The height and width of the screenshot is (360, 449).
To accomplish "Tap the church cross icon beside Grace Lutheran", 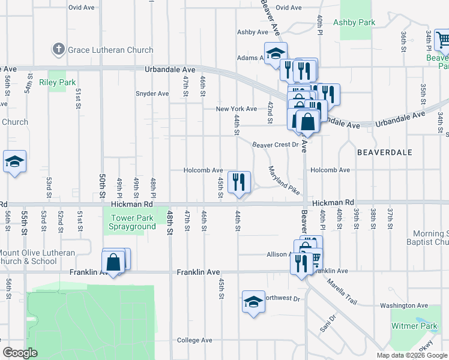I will (x=58, y=49).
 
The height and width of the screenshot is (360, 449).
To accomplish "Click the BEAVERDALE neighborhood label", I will (x=384, y=152).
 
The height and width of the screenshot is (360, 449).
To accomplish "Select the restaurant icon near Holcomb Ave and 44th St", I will (x=239, y=182).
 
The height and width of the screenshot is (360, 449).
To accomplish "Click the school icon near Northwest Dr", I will (x=253, y=301).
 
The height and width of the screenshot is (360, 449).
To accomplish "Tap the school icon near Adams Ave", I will (x=276, y=53).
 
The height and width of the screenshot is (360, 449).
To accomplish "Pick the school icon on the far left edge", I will (x=14, y=161).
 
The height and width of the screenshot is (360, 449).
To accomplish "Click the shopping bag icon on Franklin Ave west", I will (x=113, y=262).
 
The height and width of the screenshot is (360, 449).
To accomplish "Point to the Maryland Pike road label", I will (x=283, y=179).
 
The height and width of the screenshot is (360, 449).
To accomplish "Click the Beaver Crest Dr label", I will (x=275, y=145).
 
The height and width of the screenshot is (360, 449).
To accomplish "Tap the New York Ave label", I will (x=237, y=109).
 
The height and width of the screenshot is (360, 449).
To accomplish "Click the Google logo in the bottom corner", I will (x=20, y=353).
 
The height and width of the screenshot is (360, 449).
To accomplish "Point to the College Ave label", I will (x=194, y=340).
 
